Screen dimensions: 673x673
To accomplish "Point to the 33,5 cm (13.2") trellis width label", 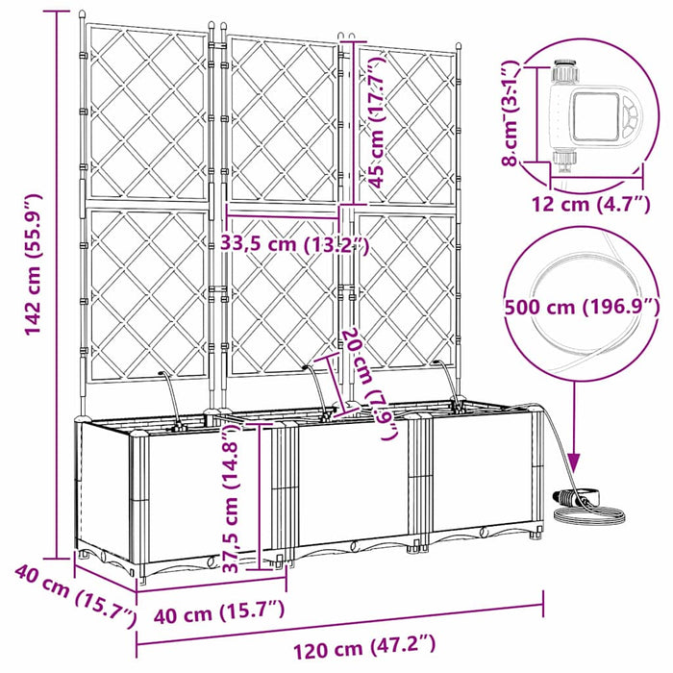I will pyautogui.click(x=296, y=243).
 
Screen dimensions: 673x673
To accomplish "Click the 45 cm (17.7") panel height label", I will pyautogui.click(x=379, y=120).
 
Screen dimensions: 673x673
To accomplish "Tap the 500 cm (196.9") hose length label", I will pyautogui.click(x=581, y=307).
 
